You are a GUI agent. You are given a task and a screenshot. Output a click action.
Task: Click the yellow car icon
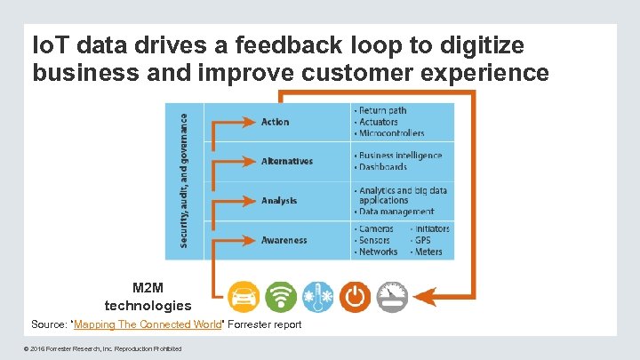tap(244, 296)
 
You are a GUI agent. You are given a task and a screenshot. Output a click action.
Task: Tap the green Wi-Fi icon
tap(281, 296)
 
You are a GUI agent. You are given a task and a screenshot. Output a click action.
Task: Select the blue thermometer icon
tap(317, 296)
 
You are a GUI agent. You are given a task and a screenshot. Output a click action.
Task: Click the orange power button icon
tap(355, 296)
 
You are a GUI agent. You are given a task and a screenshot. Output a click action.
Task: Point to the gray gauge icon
tap(391, 296)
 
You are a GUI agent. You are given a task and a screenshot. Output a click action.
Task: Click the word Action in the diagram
tap(275, 122)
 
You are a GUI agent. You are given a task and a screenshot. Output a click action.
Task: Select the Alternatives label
tap(287, 162)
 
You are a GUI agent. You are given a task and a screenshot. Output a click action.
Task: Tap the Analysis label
tap(279, 201)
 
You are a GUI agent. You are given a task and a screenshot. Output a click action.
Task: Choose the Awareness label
tap(284, 240)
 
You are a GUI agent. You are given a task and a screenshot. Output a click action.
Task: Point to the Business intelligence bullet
tap(400, 156)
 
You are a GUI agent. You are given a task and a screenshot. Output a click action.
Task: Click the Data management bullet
tap(397, 212)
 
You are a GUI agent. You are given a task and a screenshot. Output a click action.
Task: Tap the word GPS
tap(425, 240)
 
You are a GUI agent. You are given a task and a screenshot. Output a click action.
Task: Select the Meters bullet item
tap(428, 252)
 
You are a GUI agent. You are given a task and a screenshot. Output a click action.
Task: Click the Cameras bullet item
tap(376, 228)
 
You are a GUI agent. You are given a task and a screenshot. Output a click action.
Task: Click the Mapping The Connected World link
tap(147, 324)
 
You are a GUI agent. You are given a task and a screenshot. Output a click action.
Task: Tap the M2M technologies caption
tap(148, 297)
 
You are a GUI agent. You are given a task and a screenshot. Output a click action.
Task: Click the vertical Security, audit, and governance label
tap(185, 179)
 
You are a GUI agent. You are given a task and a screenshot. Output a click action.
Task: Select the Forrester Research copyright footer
tap(106, 348)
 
